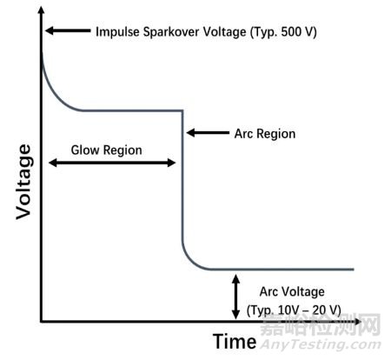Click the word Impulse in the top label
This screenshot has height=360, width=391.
[118, 32]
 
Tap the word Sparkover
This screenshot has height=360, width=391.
[171, 32]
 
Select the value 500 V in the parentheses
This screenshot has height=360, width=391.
[295, 31]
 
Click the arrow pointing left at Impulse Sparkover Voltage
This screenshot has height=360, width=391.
[68, 30]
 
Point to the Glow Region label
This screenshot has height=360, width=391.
[106, 150]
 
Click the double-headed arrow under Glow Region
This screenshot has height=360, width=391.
[112, 163]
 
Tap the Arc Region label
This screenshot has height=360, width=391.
[265, 134]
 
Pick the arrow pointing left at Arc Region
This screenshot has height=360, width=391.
[208, 133]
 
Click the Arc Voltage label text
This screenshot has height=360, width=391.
[292, 291]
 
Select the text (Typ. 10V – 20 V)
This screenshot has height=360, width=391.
[294, 310]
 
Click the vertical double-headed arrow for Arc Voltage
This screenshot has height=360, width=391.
[236, 297]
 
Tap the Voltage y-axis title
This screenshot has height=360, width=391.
[23, 182]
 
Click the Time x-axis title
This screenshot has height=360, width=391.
[235, 341]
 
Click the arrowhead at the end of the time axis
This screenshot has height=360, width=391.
[357, 322]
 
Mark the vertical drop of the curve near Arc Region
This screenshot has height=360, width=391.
[182, 176]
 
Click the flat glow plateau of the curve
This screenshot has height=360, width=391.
[133, 110]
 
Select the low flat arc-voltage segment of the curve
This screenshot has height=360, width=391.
[281, 270]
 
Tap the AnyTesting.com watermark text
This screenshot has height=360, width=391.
[321, 344]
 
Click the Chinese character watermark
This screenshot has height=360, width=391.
[321, 325]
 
